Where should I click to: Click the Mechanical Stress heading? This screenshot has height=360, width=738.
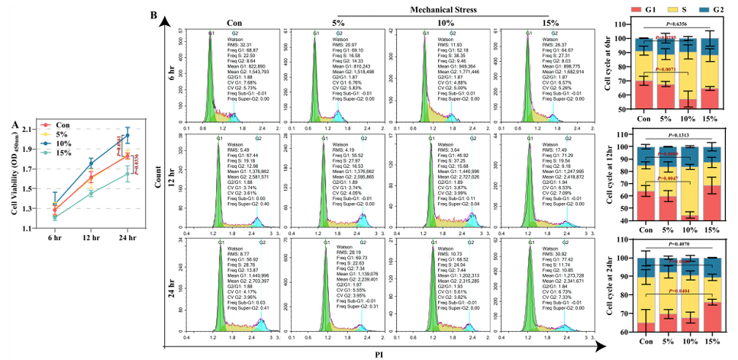[456, 11]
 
